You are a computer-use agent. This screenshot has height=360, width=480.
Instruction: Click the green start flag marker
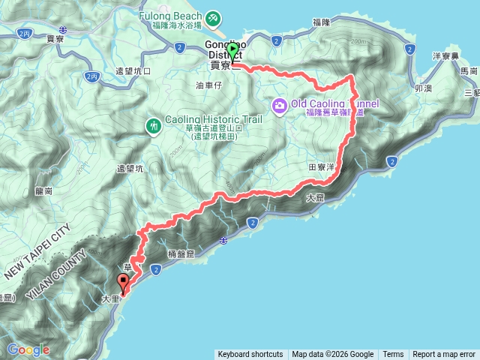pyautogui.click(x=232, y=51)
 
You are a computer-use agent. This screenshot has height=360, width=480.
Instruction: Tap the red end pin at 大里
pyautogui.click(x=123, y=283)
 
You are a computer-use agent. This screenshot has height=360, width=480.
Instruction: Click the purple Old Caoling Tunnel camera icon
pyautogui.click(x=280, y=105)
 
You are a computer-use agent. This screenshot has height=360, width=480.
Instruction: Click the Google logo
pyautogui.click(x=28, y=349)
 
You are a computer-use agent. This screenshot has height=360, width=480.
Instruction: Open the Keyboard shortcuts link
pyautogui.click(x=250, y=355)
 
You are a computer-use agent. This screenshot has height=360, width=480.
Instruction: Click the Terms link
pyautogui.click(x=393, y=355)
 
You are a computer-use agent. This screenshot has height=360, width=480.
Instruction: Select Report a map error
pyautogui.click(x=444, y=355)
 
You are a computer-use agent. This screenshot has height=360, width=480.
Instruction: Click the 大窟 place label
pyautogui.click(x=316, y=198)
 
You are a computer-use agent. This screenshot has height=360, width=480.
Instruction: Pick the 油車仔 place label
pyautogui.click(x=209, y=85)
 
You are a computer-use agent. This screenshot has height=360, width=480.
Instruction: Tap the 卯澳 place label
pyautogui.click(x=422, y=88)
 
